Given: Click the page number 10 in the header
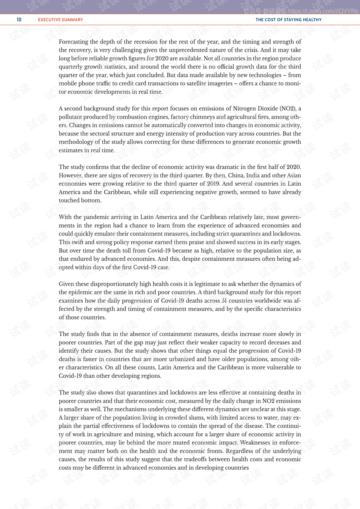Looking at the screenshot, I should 19,20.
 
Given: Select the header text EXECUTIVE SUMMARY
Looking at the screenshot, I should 60,20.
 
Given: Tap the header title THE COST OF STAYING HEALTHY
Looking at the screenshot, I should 288,20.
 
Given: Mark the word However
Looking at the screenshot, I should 70,175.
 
